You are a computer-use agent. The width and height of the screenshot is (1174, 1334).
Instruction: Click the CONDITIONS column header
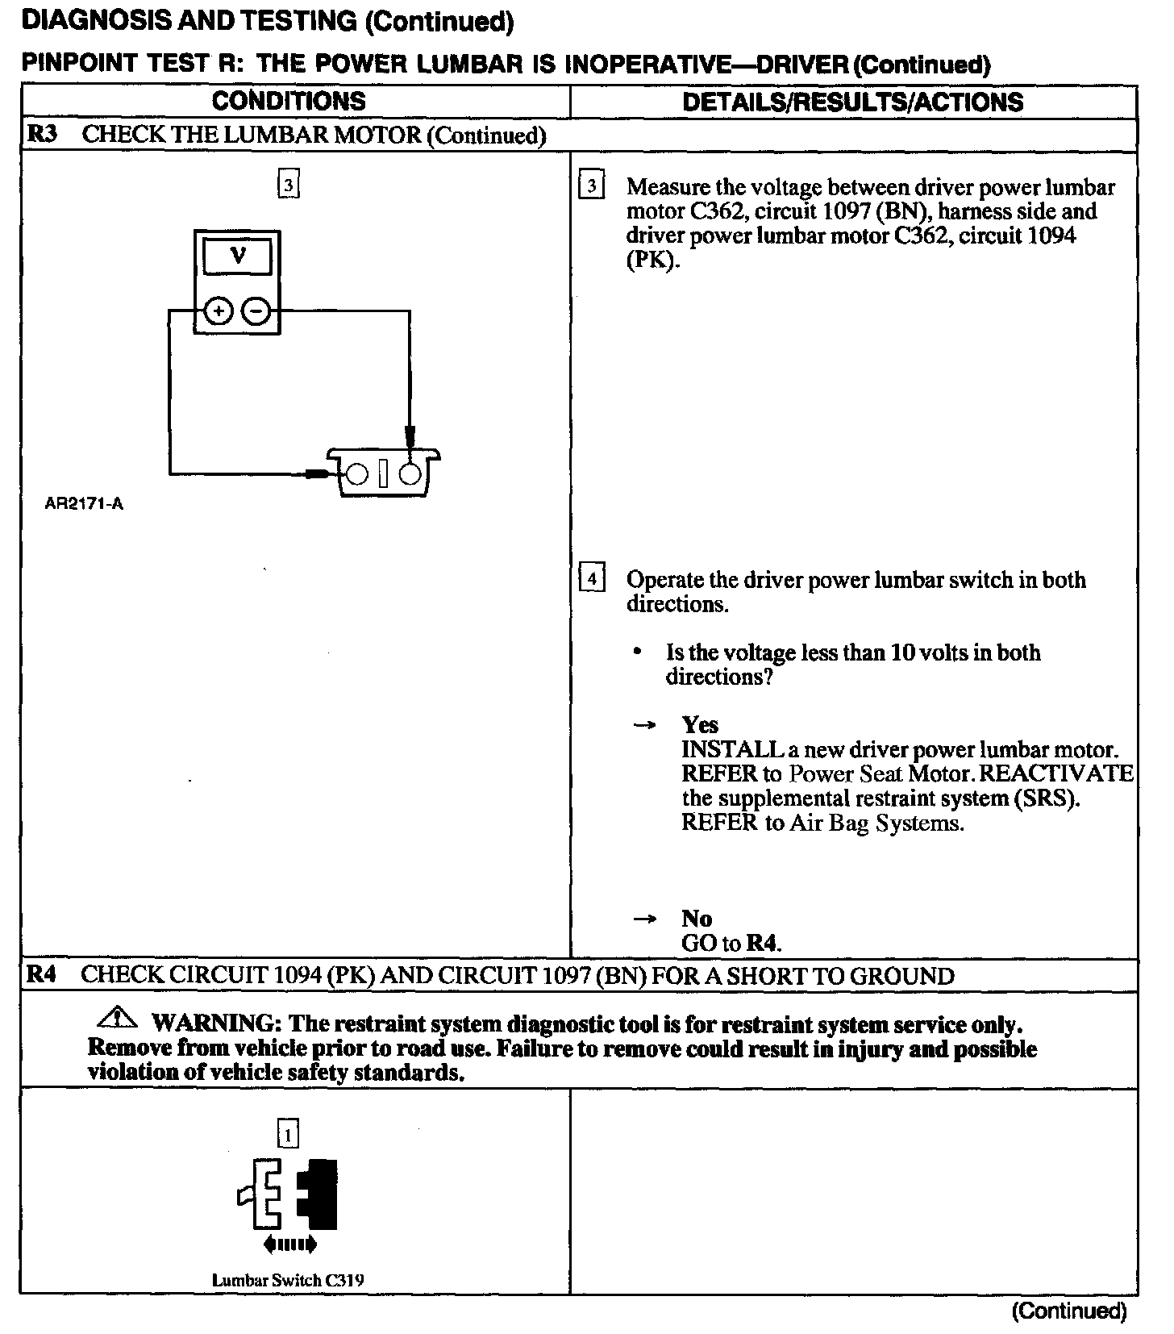289,102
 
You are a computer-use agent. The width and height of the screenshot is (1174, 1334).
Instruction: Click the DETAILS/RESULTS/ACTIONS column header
852,102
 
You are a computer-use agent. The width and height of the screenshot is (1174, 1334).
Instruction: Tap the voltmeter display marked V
237,257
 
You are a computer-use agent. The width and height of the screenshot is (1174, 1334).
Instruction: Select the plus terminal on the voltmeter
217,311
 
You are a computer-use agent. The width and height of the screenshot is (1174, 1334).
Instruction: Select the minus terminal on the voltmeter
256,311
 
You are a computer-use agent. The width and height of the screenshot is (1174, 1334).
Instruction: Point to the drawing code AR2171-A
84,505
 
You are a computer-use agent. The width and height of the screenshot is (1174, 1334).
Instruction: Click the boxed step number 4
592,579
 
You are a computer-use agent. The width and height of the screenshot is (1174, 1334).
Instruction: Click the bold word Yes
699,724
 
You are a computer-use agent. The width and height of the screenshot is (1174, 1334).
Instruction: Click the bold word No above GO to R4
697,918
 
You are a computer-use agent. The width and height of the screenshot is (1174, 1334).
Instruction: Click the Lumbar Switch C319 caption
288,1280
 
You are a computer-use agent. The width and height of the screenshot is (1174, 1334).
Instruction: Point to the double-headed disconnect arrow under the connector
290,1245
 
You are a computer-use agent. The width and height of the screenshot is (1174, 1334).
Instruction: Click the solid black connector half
318,1194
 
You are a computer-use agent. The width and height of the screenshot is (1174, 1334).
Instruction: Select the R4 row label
42,975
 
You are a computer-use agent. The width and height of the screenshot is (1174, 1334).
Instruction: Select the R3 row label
43,134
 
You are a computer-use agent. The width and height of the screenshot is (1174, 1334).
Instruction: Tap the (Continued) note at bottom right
1068,1311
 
